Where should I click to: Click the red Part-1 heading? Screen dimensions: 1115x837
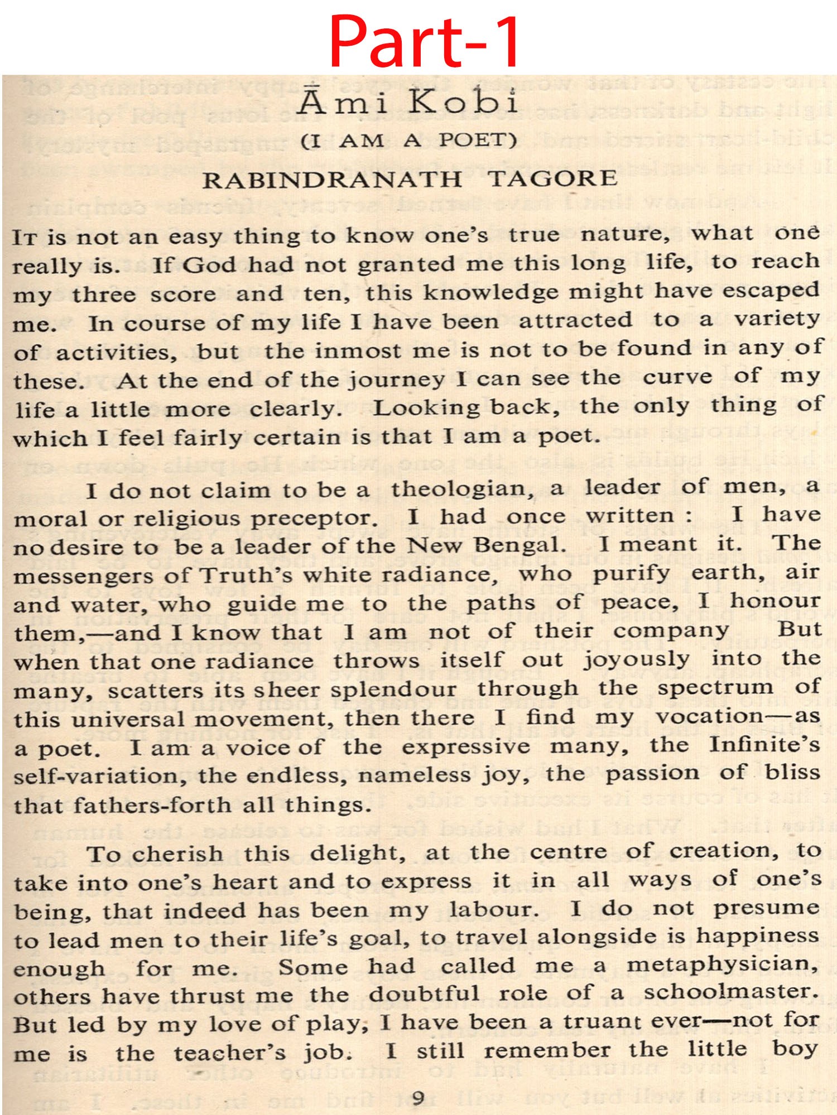click(x=424, y=41)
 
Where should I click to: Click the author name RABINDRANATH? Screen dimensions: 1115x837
click(x=332, y=180)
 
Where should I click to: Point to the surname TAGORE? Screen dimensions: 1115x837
click(x=552, y=179)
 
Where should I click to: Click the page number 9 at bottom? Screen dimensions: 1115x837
click(x=418, y=1098)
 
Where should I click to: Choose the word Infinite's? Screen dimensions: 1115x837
click(x=764, y=745)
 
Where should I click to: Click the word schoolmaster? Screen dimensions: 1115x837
click(x=731, y=993)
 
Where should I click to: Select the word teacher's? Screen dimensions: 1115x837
click(x=229, y=1053)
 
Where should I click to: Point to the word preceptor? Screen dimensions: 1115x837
click(x=314, y=518)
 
